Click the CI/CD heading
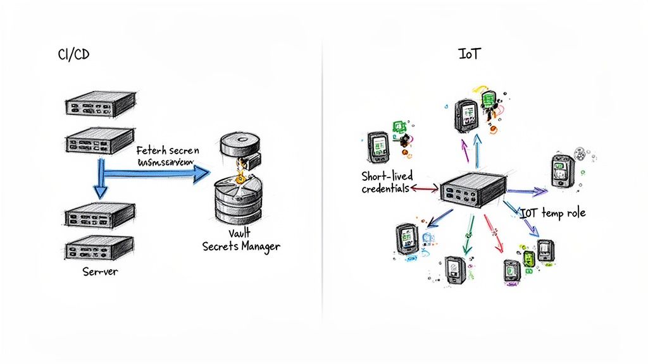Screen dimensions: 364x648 click(x=73, y=55)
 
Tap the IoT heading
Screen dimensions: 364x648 click(x=469, y=54)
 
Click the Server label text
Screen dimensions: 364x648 click(x=101, y=272)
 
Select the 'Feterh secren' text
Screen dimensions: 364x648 click(x=167, y=151)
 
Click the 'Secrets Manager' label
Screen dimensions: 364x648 click(x=241, y=246)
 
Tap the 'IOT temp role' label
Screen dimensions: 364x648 click(x=552, y=213)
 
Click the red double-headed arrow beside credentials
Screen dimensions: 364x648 click(x=423, y=188)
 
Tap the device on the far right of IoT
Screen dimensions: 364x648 click(x=561, y=171)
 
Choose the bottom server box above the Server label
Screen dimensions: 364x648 click(x=100, y=245)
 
